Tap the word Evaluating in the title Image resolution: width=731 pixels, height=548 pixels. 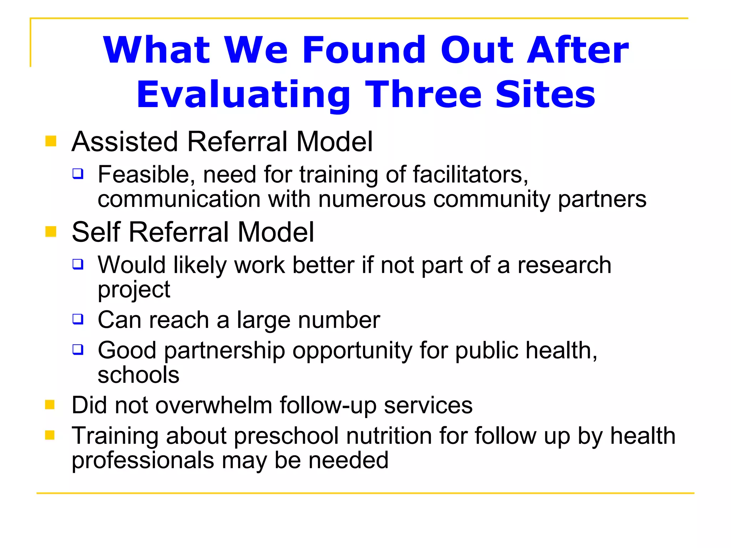coord(243,95)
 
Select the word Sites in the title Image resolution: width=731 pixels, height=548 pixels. coord(545,94)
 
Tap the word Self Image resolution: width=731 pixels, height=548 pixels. coord(96,232)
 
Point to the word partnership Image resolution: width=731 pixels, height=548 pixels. coord(225,350)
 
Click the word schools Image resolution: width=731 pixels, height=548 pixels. coord(138,375)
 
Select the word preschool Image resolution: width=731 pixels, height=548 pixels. coord(286,436)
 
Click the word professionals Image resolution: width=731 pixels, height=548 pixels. coord(143,461)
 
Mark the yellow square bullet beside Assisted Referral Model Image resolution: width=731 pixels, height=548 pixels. coord(51,141)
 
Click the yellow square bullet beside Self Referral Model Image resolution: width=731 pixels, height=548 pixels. coord(51,232)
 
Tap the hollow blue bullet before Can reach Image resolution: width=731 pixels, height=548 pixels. coord(78,319)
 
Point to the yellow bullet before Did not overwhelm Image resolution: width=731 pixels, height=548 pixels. coord(50,405)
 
